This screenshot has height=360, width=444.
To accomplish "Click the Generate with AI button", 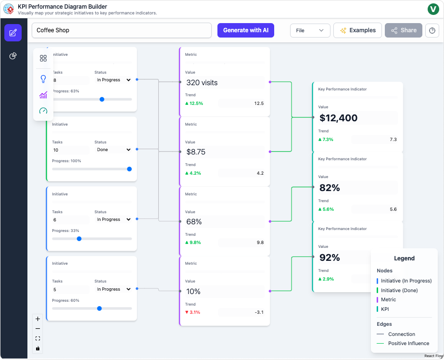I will [245, 30].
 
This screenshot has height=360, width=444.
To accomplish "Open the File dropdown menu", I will [310, 30].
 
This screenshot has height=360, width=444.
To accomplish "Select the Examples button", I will [357, 30].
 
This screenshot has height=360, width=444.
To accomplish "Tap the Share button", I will [403, 30].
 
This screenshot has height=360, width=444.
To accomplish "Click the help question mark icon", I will [432, 30].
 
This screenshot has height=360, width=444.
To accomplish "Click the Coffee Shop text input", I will [121, 30].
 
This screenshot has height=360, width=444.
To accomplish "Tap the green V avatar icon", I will [432, 9].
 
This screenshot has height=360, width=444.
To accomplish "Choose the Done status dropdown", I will [113, 150].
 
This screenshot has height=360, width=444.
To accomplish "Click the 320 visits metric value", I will [202, 83].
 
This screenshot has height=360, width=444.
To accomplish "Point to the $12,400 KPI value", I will [339, 118].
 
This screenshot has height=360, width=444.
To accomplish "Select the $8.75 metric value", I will [196, 152].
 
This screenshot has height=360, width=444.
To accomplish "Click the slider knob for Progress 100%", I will [129, 169].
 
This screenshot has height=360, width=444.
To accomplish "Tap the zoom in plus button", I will [38, 319].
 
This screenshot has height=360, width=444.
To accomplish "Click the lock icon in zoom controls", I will [38, 348].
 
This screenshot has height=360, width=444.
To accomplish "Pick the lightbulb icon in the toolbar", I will [43, 79].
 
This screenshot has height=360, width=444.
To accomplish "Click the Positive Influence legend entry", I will [408, 343].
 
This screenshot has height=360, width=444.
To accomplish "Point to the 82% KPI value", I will [330, 188].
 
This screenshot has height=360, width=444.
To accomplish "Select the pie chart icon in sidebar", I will [13, 56].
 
